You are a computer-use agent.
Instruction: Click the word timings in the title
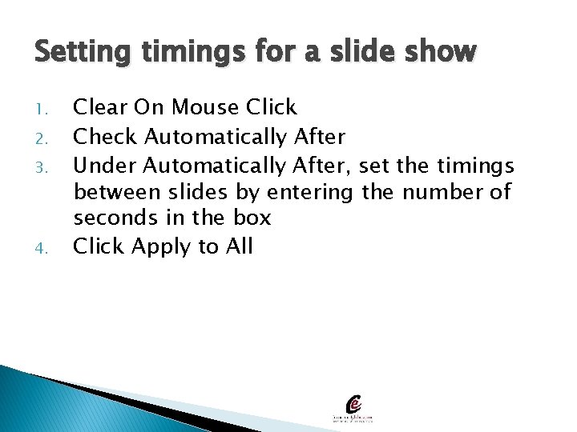[x=185, y=54]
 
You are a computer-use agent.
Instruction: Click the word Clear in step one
[x=100, y=107]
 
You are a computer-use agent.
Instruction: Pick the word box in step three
[x=252, y=218]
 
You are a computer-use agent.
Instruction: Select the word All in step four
[x=239, y=246]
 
